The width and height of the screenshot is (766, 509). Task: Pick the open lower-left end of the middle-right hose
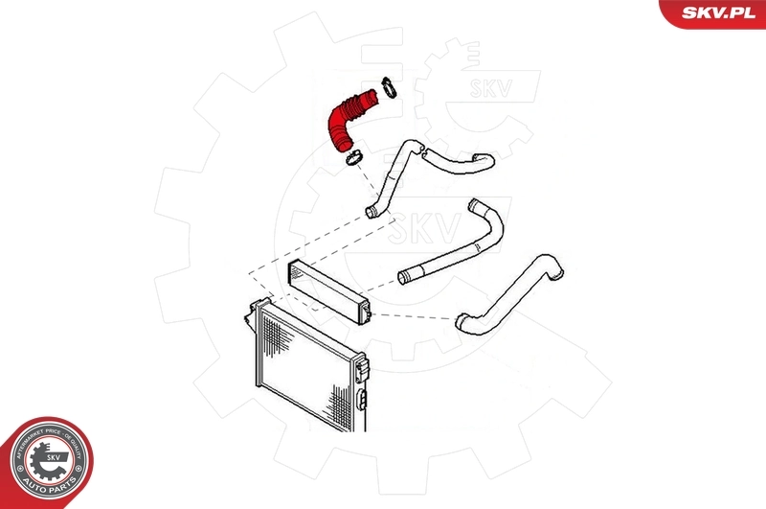pyautogui.click(x=406, y=279)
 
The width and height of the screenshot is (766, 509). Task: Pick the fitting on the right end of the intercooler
pyautogui.click(x=367, y=308)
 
